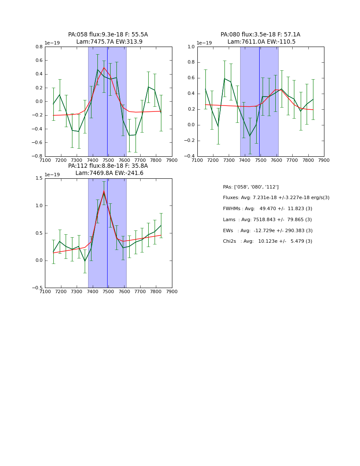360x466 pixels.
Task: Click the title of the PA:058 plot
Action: [108, 38]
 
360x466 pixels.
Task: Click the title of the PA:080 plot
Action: [260, 38]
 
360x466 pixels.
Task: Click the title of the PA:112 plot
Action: [108, 169]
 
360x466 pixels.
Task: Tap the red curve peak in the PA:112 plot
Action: [104, 191]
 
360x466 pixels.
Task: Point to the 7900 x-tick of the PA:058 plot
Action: [172, 160]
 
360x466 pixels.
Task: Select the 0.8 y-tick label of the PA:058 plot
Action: [38, 47]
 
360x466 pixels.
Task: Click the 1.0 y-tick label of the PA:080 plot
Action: [191, 47]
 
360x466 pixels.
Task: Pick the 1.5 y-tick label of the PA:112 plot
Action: [38, 178]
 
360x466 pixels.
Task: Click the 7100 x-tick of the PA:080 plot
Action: [197, 160]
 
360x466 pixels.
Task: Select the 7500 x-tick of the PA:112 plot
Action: [108, 291]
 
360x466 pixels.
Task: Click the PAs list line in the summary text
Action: [251, 187]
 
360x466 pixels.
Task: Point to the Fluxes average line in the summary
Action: [276, 198]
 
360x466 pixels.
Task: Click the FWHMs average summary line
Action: [267, 209]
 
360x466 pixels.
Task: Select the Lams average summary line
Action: [267, 220]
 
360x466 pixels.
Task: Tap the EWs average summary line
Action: [268, 230]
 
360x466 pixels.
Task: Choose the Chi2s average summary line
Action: [268, 241]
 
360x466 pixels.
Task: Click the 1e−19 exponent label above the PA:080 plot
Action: [204, 43]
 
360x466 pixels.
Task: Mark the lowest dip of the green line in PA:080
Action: [249, 136]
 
